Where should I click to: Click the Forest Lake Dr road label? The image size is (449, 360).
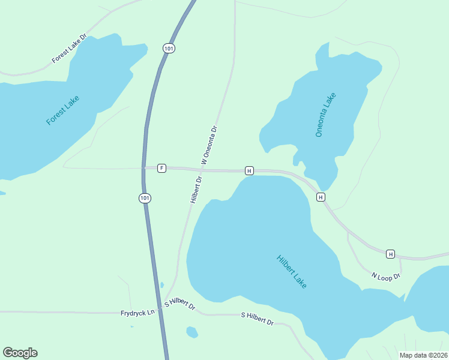tap(70, 48)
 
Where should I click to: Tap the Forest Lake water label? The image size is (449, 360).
tap(62, 110)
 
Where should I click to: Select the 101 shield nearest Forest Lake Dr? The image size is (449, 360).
tap(169, 48)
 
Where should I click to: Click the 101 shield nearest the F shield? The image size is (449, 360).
tap(144, 198)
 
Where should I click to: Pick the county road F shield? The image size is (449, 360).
tap(161, 168)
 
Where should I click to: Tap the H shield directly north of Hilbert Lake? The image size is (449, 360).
tap(249, 171)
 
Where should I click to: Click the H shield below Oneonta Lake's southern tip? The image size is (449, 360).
tap(321, 197)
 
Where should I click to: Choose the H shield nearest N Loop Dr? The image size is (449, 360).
tap(390, 254)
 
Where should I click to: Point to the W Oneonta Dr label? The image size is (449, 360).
tap(208, 145)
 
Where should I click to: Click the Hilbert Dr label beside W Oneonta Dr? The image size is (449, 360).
tap(196, 189)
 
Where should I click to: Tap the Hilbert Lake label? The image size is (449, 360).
tap(292, 272)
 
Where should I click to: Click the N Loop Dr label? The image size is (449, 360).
tap(385, 276)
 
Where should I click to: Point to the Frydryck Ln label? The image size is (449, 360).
tap(137, 313)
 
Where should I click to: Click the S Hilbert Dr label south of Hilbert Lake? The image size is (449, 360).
tap(257, 319)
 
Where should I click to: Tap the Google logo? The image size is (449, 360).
tap(20, 353)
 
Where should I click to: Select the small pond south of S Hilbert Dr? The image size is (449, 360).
tap(191, 332)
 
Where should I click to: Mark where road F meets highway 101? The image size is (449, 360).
tap(145, 168)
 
